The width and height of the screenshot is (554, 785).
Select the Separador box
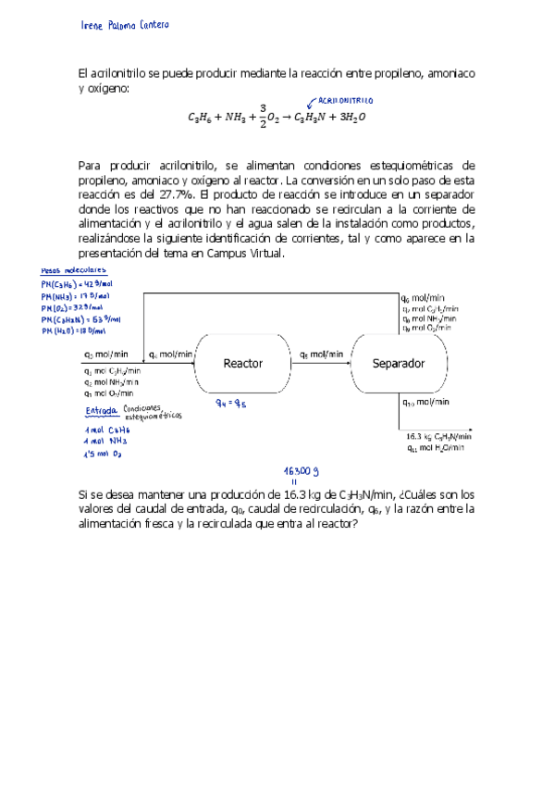(x=398, y=364)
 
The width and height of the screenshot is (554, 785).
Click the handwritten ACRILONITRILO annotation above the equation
(x=345, y=99)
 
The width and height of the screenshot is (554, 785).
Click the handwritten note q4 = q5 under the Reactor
(x=234, y=403)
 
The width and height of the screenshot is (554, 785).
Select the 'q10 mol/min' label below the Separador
(x=426, y=402)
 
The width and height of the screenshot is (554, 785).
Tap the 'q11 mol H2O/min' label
(x=438, y=448)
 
